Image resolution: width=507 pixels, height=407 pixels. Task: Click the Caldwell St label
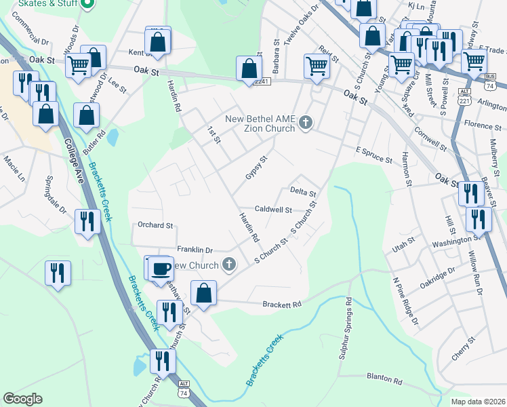coord(273,210)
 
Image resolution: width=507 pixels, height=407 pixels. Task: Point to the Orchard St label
coord(155,225)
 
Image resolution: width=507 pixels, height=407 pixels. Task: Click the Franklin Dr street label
coord(195,250)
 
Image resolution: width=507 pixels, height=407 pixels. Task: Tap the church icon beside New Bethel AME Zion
coord(306,122)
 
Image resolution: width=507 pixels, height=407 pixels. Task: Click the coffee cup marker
coord(161,268)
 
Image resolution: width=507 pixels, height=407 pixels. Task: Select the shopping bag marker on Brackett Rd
coord(203,293)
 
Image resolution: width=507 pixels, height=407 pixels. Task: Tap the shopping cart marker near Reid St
coord(316,66)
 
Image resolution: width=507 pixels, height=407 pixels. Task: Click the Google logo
coord(22,399)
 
